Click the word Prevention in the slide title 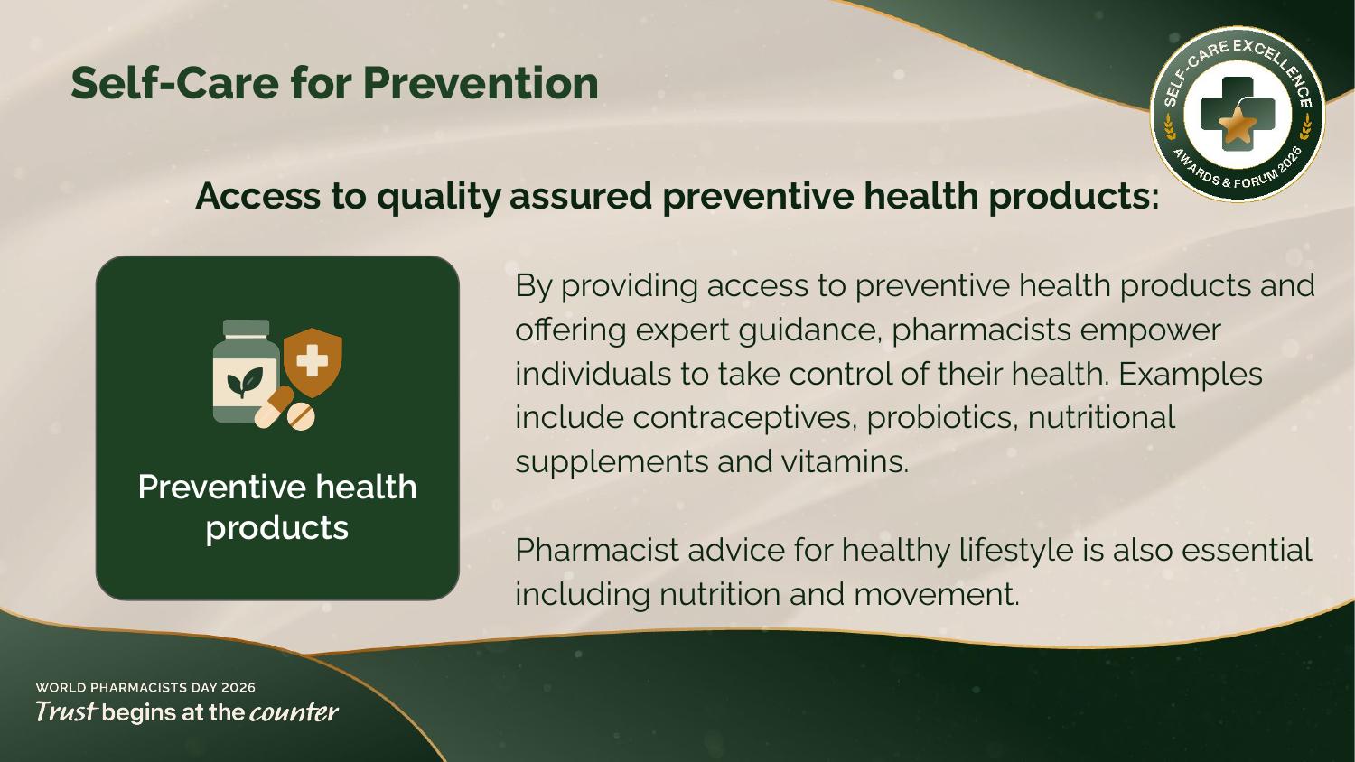coord(481,83)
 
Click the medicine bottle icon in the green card coord(247,371)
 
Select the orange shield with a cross coord(313,362)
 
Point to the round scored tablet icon coord(301,416)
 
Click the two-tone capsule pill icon coord(274,407)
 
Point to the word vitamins coord(845,461)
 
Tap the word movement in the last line coord(937,594)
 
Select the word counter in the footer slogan coord(294,712)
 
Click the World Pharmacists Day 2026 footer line coord(145,688)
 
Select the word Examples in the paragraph coord(1191,375)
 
